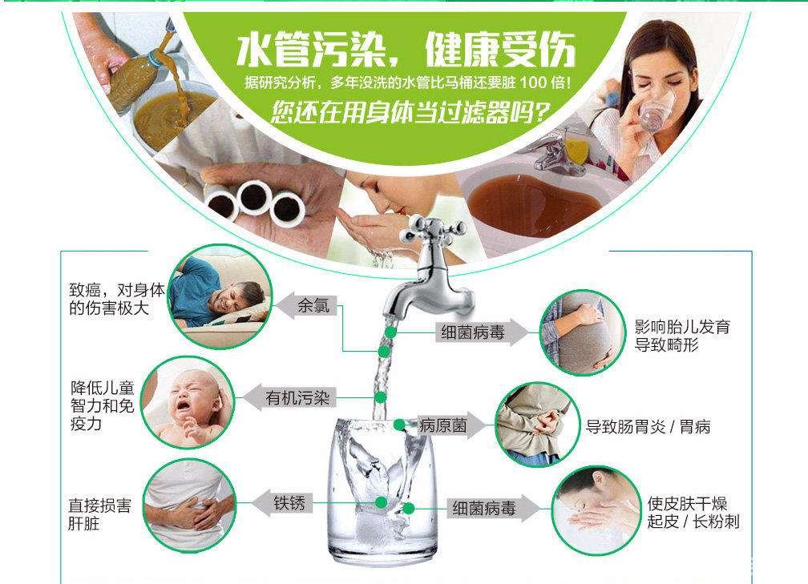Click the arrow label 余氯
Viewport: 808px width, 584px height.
point(313,306)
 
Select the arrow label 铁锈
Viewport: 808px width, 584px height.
point(289,503)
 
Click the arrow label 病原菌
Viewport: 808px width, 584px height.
point(442,425)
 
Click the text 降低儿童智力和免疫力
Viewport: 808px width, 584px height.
point(102,406)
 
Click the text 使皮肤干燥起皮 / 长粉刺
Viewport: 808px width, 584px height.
point(693,513)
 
